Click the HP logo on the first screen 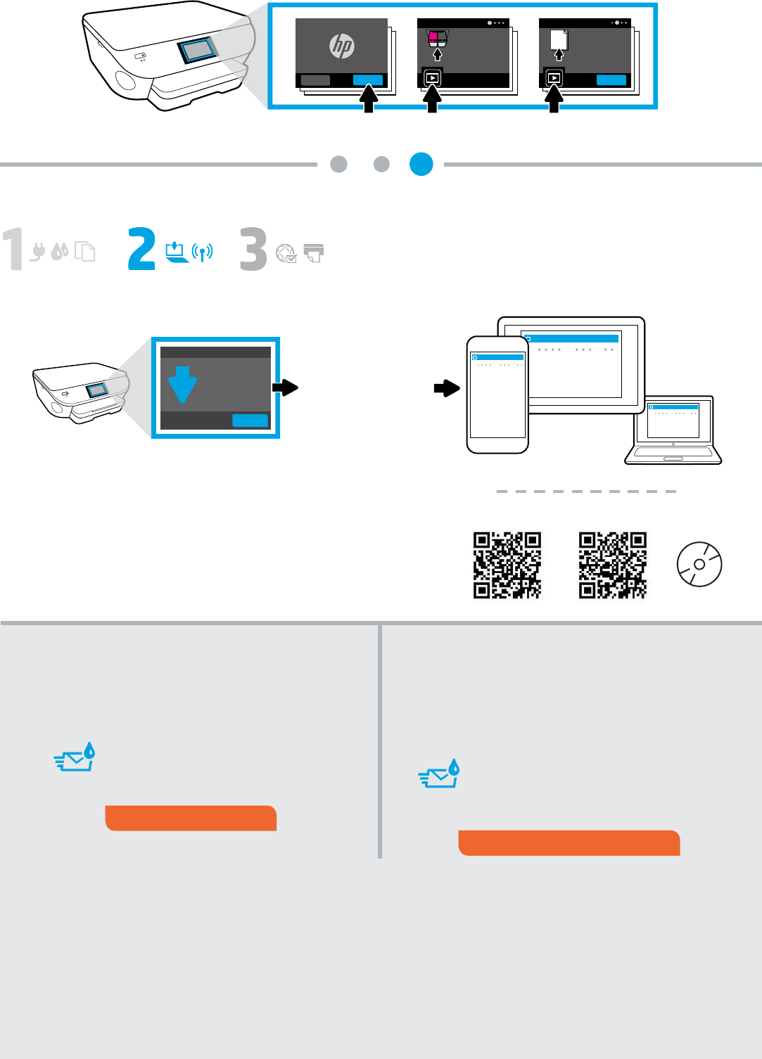pos(341,46)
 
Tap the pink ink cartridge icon pos(433,37)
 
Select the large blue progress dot pos(421,164)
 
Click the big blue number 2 pos(141,248)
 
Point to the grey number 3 pos(253,249)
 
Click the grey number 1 pos(13,249)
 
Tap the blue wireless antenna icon pos(202,252)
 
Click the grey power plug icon pos(37,252)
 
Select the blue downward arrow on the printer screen pos(182,385)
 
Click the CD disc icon pos(699,564)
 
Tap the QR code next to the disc pos(613,565)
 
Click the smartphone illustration pos(497,394)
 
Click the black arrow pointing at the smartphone pos(447,388)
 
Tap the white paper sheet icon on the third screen pos(559,40)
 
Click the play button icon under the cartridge pos(432,77)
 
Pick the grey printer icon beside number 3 pos(314,253)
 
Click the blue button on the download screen pos(250,421)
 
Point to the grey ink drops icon pos(60,252)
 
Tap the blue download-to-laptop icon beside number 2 pos(176,252)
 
